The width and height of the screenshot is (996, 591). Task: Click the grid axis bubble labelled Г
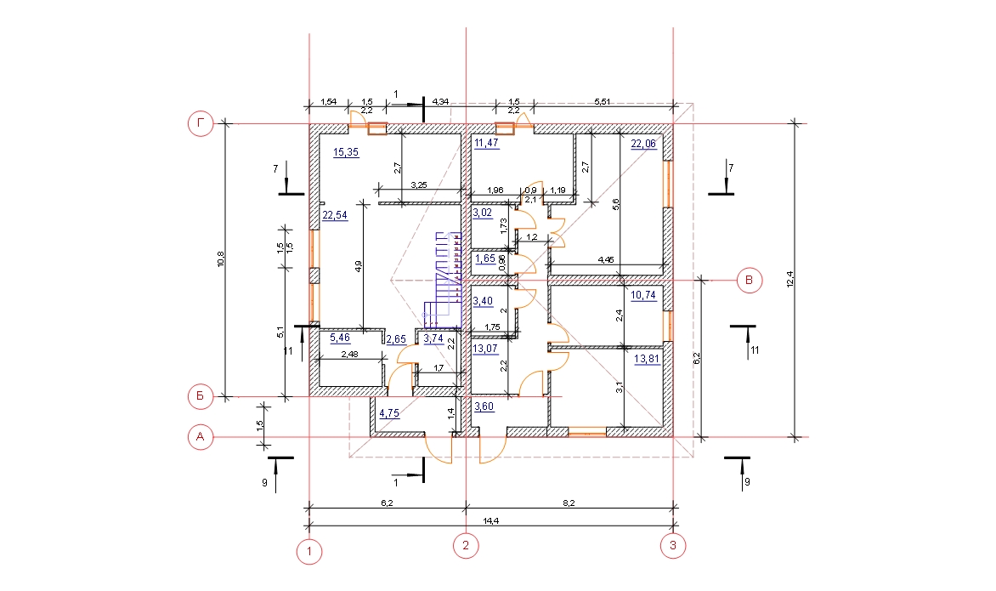pos(201,123)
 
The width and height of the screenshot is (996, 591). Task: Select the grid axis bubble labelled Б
pos(201,396)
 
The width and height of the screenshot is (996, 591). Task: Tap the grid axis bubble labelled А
pos(201,437)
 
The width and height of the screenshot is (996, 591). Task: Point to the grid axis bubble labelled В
pos(750,281)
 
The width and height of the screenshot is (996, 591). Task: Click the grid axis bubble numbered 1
pos(309,552)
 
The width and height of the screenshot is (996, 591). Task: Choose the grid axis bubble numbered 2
pos(466,545)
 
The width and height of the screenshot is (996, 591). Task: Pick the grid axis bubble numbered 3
pos(673,545)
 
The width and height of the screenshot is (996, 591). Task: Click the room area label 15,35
pos(346,152)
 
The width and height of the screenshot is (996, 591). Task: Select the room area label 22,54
pos(335,215)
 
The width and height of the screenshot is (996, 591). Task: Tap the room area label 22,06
pos(642,145)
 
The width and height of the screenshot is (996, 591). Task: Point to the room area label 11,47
pos(487,144)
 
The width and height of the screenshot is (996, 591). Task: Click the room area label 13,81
pos(647,359)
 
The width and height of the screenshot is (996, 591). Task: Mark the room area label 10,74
pos(642,296)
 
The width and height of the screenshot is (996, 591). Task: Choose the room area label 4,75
pos(389,413)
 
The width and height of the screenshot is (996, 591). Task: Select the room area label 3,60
pos(484,407)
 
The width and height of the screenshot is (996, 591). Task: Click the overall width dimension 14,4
pos(490,521)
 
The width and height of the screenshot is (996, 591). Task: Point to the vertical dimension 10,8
pos(221,259)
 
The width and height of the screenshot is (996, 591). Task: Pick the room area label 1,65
pos(485,259)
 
